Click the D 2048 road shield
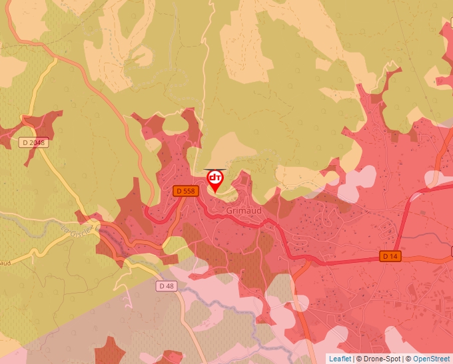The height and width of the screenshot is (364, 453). [x=34, y=142]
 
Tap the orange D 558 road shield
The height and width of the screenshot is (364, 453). [x=186, y=191]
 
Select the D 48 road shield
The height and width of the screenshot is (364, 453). [x=167, y=286]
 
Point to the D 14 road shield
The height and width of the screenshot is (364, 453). [x=391, y=256]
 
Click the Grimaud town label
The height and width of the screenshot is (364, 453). [x=243, y=210]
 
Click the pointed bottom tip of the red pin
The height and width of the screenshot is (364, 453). [x=215, y=193]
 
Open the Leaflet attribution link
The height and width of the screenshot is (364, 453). [x=340, y=359]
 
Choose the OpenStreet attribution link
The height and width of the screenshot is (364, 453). [x=432, y=359]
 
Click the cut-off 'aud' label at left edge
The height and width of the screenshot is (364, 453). [x=5, y=262]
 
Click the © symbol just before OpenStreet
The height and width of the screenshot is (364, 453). [x=408, y=359]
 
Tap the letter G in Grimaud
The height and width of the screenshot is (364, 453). [x=230, y=210]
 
